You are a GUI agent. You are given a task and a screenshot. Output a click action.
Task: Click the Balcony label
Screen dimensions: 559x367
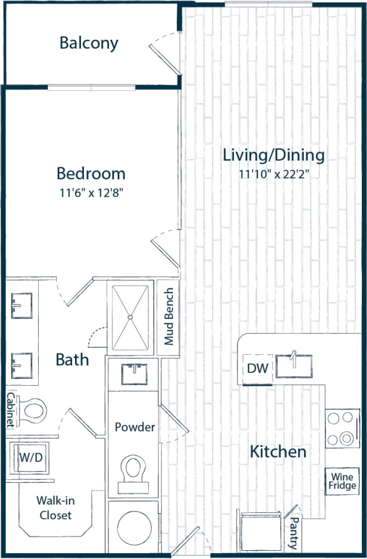pos(89,43)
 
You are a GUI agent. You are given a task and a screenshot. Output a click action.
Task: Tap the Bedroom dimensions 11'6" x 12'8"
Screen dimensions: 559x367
pos(91,191)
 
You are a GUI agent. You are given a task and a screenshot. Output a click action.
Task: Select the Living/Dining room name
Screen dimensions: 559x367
pos(273,155)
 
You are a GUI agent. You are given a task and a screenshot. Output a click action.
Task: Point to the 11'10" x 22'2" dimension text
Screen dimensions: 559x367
pos(273,174)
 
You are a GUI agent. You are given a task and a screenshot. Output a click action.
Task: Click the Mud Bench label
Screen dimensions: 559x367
pos(169,317)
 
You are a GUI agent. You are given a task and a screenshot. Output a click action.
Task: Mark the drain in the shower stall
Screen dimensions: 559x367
pos(130,317)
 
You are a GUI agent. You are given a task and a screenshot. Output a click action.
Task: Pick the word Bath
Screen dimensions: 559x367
pos(72,359)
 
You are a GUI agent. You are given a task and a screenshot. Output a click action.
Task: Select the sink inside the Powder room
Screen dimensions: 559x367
pos(133,373)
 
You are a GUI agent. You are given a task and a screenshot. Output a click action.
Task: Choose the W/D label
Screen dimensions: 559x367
pos(31,457)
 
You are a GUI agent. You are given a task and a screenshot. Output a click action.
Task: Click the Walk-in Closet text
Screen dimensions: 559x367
pos(55,507)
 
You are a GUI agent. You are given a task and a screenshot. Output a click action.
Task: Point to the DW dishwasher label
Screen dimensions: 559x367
pos(257,369)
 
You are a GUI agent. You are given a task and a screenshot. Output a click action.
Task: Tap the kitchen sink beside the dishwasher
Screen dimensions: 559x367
pos(294,365)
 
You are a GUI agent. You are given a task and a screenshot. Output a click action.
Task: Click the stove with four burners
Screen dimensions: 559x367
pos(342,428)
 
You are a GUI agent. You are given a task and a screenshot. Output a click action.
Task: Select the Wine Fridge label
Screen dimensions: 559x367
pos(341,481)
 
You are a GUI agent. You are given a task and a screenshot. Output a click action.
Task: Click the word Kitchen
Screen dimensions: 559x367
pos(278,451)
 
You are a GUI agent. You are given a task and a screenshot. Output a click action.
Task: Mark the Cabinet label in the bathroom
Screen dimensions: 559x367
pos(10,410)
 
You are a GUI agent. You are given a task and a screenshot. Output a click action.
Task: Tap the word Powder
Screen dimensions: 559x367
pos(135,427)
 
